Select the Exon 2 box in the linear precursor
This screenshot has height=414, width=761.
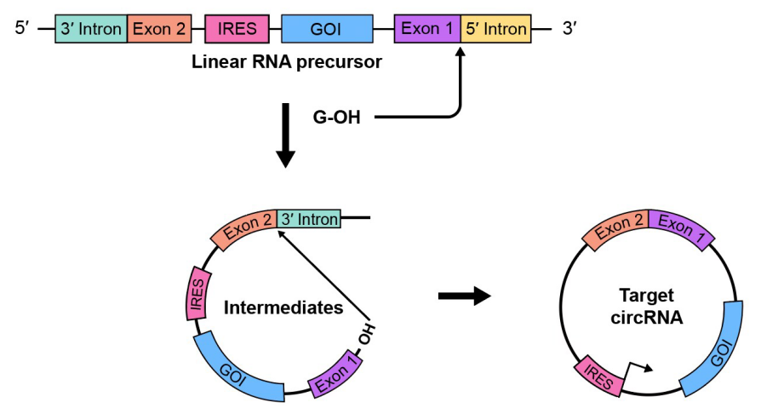(x=158, y=29)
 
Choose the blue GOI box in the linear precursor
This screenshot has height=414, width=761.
(x=326, y=29)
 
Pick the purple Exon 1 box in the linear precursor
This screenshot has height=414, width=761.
(x=427, y=29)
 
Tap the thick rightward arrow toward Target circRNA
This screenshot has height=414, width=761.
(x=464, y=296)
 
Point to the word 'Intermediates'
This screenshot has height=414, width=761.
(x=283, y=308)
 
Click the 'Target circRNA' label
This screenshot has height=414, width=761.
(x=647, y=307)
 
